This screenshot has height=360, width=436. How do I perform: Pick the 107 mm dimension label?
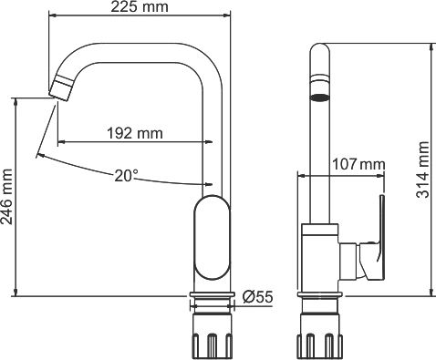[358, 165]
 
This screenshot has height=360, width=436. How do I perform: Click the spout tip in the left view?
[60, 89]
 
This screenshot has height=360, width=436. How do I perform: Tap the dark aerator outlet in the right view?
[319, 94]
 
